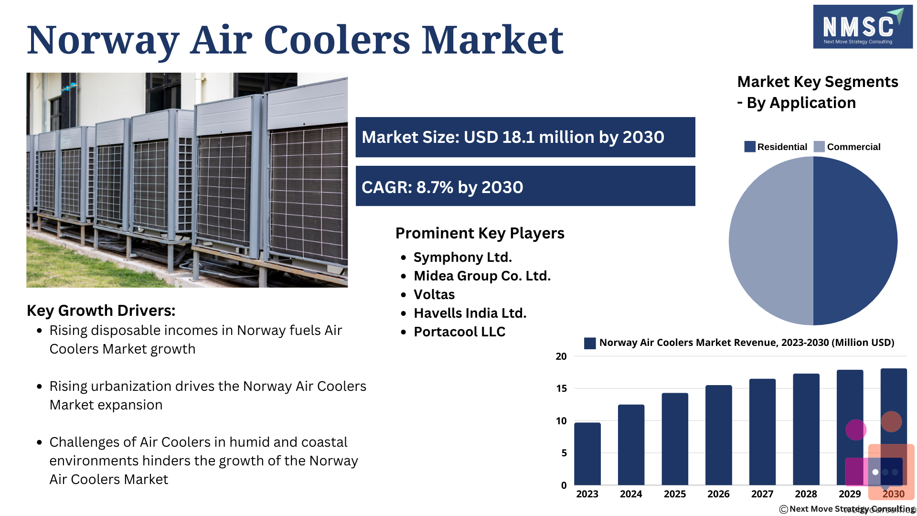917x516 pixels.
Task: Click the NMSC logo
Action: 863,27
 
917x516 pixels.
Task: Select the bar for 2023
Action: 587,454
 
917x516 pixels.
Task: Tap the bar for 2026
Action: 718,435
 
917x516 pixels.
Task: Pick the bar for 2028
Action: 806,430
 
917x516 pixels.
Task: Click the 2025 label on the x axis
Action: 675,494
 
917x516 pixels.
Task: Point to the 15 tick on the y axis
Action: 561,388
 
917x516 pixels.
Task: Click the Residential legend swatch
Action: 750,147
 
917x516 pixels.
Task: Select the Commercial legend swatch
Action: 819,147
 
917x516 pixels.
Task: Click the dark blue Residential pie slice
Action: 855,241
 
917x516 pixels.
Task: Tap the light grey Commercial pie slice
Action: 771,241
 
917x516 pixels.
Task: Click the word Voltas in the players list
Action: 434,294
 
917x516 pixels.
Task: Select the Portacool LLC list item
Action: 459,332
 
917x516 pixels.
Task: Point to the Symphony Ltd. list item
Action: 462,257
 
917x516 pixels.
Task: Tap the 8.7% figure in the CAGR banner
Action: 435,187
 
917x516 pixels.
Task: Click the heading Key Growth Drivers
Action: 101,311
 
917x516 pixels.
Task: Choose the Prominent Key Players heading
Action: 480,233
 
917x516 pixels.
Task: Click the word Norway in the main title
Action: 103,40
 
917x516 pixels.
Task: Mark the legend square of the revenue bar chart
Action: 590,343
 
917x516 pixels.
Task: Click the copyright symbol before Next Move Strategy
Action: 784,509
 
